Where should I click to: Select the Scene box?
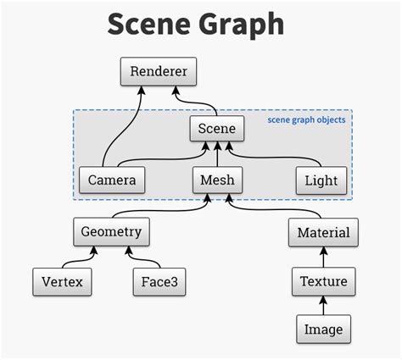(217, 129)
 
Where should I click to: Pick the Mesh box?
(217, 180)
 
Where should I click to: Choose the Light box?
(321, 180)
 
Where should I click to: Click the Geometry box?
(111, 230)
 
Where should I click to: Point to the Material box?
(322, 231)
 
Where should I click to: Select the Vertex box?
(62, 281)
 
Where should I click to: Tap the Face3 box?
(159, 281)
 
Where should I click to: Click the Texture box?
(322, 281)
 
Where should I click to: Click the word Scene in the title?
(148, 25)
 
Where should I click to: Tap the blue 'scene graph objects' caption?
(306, 120)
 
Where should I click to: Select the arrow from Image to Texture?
(322, 304)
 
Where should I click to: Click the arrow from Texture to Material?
(322, 256)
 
